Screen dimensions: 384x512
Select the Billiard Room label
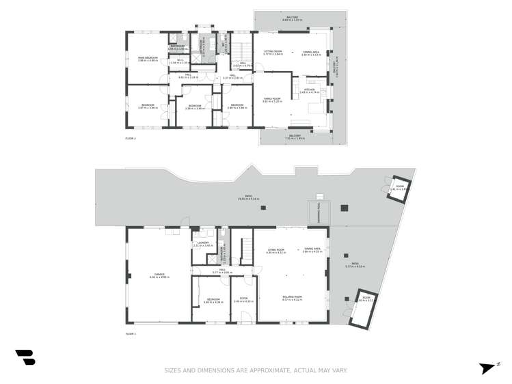[292, 297]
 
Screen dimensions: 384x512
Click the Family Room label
[272, 100]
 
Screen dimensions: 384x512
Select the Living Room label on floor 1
[275, 250]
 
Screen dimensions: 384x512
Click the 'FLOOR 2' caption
[131, 139]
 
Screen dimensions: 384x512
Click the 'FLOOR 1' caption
[131, 333]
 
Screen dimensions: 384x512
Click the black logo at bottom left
[25, 357]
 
